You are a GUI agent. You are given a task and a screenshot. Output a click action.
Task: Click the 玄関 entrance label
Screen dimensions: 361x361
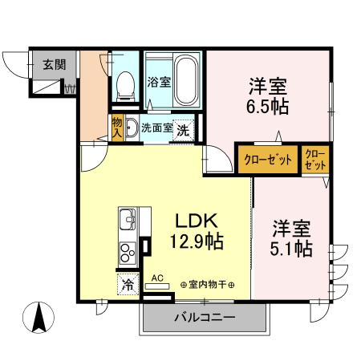(x=44, y=64)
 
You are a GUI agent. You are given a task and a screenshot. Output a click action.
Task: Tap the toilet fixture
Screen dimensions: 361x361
(x=125, y=83)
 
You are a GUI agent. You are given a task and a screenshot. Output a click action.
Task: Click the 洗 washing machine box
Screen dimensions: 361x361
(x=183, y=128)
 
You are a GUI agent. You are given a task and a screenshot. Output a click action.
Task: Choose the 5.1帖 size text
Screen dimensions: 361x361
(x=292, y=249)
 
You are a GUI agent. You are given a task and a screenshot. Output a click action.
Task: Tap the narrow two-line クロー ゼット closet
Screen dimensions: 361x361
(x=314, y=158)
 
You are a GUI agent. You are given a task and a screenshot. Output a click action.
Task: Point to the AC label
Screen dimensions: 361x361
(x=157, y=278)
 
